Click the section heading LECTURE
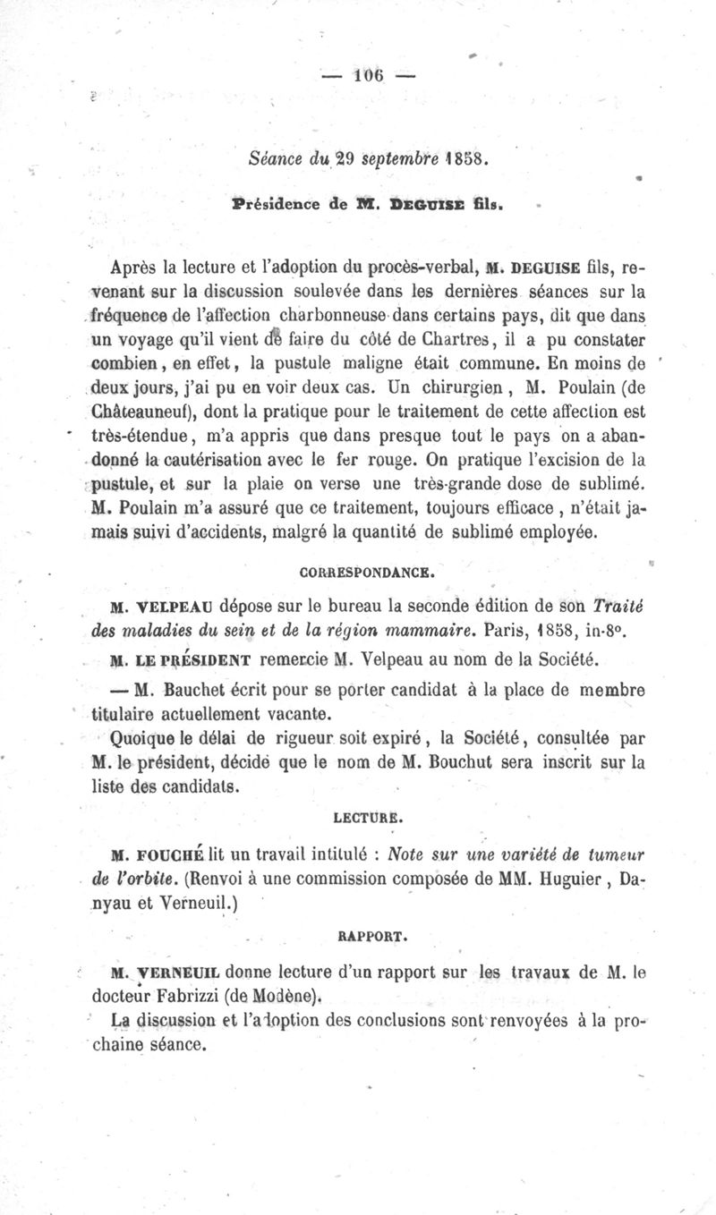pyautogui.click(x=362, y=817)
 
